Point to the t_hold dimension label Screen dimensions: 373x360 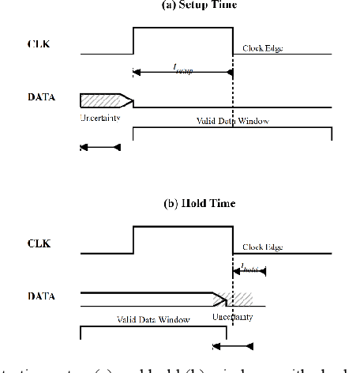[x=251, y=268]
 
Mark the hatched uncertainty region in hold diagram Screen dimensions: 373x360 [x=242, y=300]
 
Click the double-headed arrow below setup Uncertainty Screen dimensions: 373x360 [x=100, y=147]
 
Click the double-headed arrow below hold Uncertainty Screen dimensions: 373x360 [x=234, y=345]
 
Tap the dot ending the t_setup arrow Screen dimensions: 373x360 [x=231, y=72]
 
